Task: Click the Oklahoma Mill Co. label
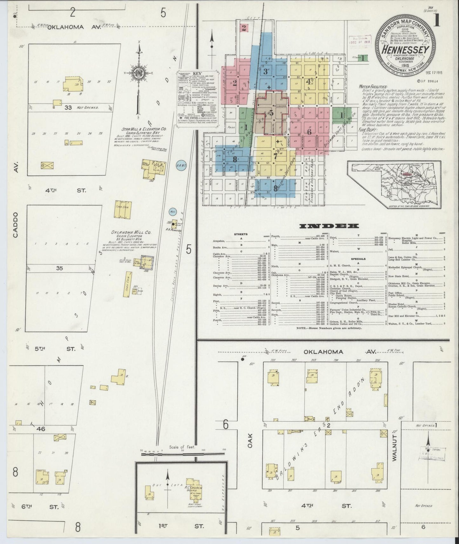(131, 232)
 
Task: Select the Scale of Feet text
(182, 447)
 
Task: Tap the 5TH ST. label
(56, 348)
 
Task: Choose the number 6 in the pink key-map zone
(309, 131)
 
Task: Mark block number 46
(41, 429)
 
